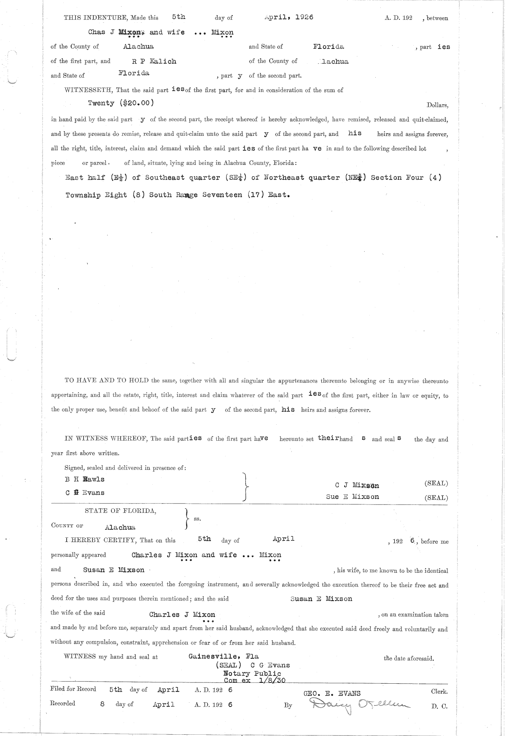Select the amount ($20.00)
137,102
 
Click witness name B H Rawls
84,479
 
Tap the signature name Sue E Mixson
352,496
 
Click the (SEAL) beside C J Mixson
436,483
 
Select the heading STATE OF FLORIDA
121,511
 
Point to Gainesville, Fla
223,656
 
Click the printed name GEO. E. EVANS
332,693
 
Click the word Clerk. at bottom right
439,692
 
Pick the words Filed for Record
73,689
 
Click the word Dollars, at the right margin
437,105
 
